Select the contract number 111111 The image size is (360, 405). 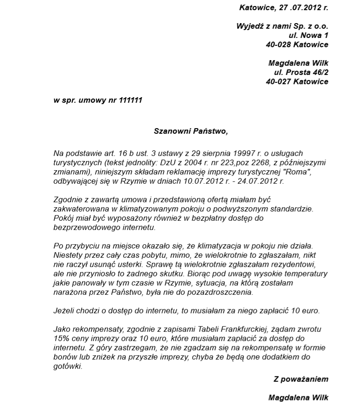(131, 100)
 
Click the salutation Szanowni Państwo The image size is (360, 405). (190, 131)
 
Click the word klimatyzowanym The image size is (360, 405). (132, 209)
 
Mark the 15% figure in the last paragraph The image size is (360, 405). (61, 338)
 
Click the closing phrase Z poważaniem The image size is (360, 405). (301, 379)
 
